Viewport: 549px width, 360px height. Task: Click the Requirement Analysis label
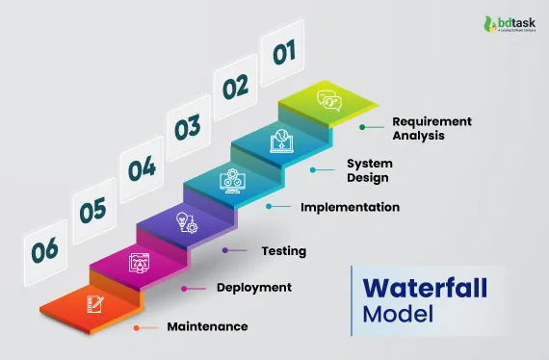pos(431,128)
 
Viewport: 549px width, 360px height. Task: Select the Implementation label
pos(350,207)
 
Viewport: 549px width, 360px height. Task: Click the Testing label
pos(284,251)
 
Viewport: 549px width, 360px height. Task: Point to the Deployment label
pos(254,287)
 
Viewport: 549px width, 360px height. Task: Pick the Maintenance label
pos(207,327)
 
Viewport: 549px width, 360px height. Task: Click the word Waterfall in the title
pos(425,289)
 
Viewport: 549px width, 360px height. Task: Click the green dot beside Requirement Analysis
pos(362,126)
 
